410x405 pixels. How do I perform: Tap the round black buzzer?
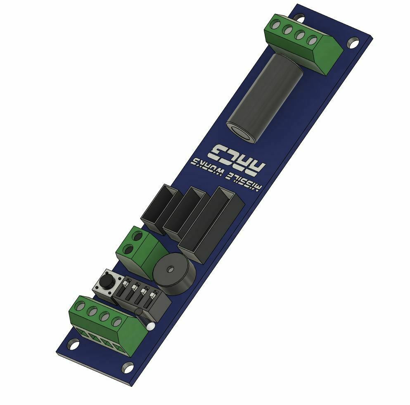(x=173, y=274)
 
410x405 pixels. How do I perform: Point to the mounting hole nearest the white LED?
(x=128, y=367)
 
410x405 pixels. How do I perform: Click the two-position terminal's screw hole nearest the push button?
(x=128, y=250)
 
